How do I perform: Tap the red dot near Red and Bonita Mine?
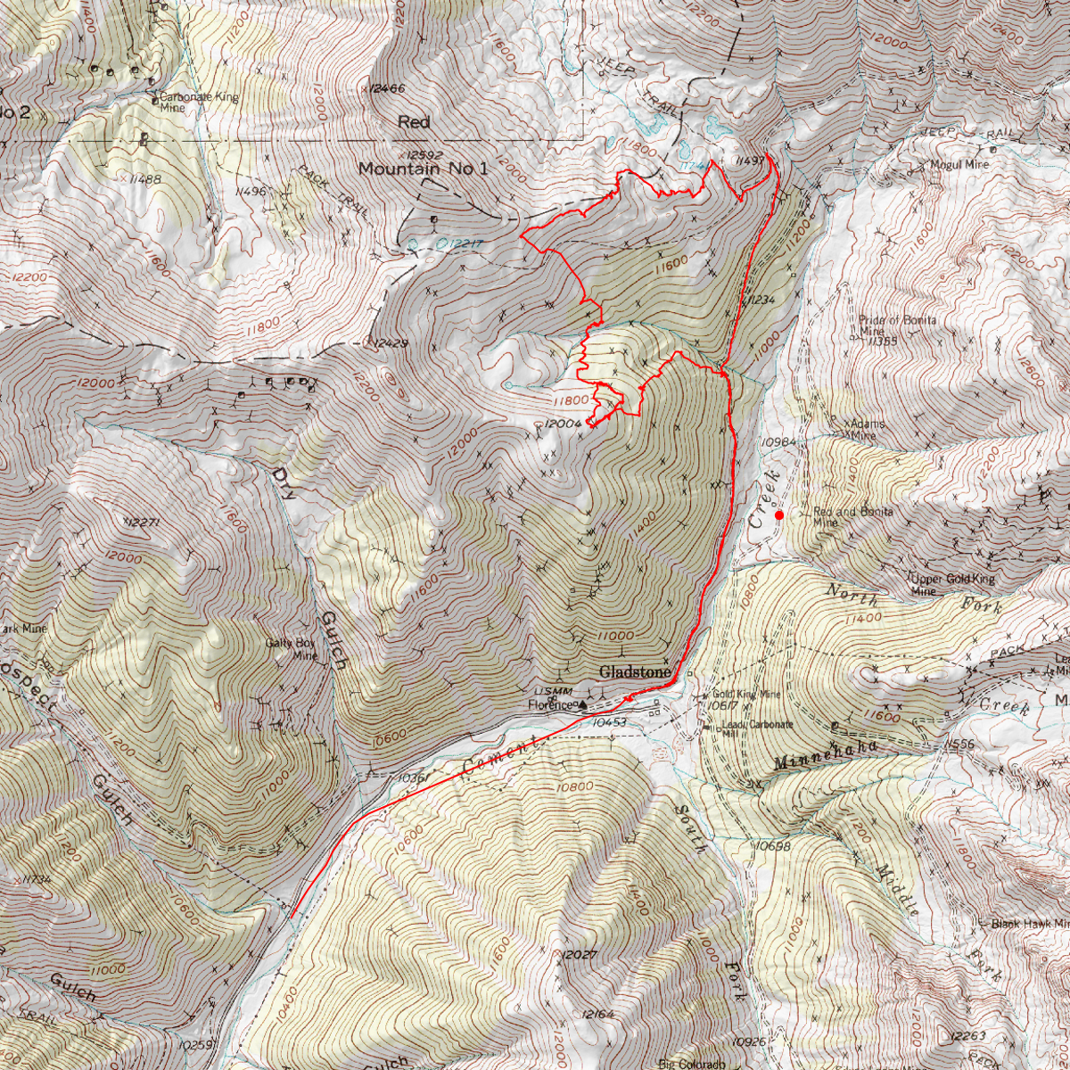coord(779,514)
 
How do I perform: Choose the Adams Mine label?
coord(865,429)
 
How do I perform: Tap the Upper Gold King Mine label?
coord(952,584)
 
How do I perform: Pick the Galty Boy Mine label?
coord(292,648)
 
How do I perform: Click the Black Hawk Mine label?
coord(1029,924)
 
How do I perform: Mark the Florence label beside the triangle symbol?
coord(549,705)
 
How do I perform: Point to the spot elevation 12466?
coord(386,89)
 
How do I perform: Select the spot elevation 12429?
coord(391,343)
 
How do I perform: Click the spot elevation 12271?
coord(142,522)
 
